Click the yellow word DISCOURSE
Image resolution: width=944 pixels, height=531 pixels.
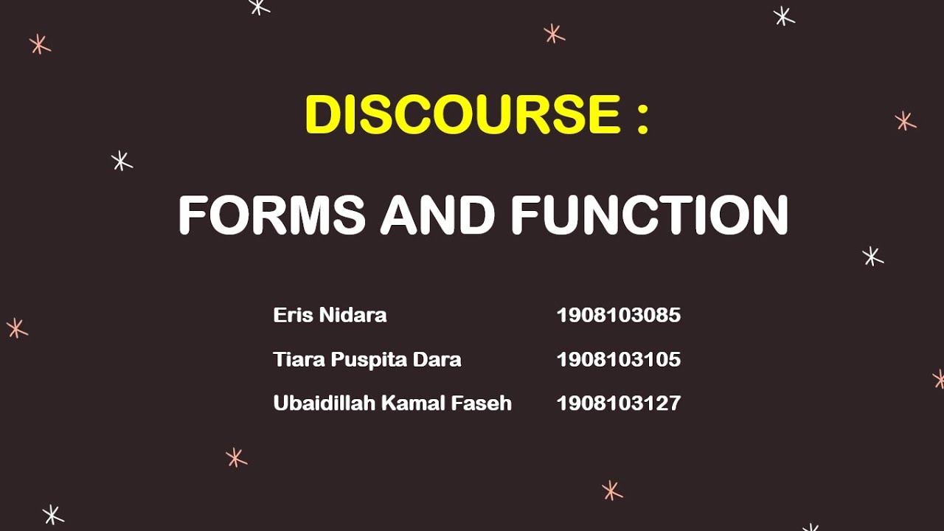pos(463,115)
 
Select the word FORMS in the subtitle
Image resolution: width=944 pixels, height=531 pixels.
pos(271,215)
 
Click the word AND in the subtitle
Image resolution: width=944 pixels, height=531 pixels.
pos(437,215)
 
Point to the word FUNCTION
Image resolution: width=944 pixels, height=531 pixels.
pos(649,215)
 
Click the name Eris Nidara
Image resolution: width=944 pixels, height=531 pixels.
pos(330,316)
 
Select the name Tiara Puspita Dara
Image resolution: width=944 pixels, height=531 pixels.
pos(367,360)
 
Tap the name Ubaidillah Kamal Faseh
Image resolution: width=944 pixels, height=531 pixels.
pos(392,403)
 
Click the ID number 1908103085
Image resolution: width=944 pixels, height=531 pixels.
pos(618,316)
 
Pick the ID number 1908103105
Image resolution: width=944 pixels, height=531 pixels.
pos(618,360)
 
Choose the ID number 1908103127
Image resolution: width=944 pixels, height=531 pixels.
pos(618,403)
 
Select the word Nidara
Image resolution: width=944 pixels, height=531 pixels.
pos(353,316)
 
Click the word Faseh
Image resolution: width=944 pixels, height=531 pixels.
pos(488,403)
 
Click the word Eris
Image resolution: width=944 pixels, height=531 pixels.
pos(292,316)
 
